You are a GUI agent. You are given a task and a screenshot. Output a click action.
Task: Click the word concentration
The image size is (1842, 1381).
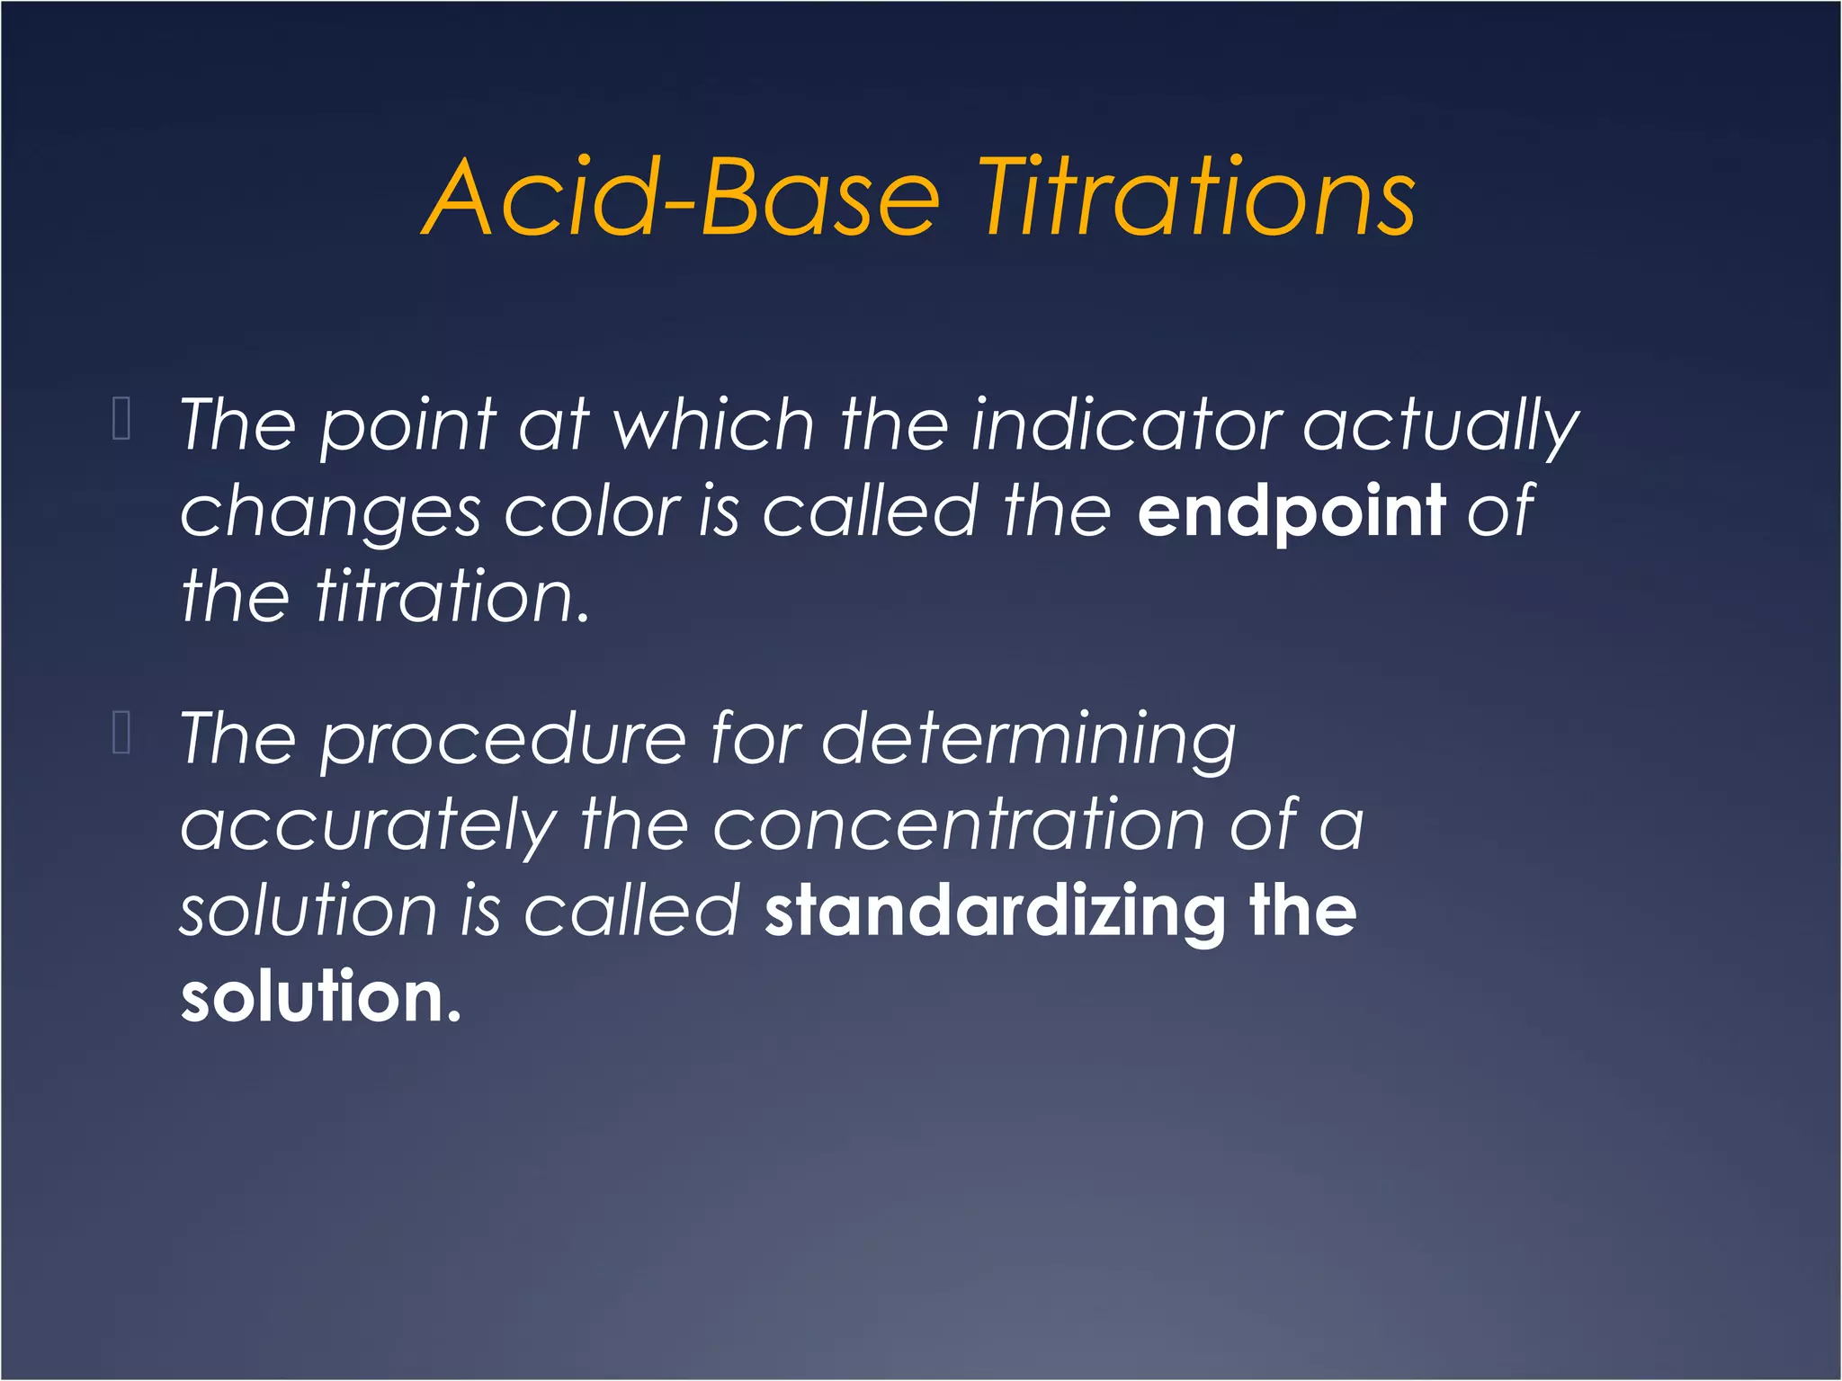[959, 825]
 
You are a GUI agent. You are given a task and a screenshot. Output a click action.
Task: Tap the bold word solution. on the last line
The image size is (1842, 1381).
[320, 997]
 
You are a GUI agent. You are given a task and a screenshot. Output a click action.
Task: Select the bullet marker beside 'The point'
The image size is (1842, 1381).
[122, 418]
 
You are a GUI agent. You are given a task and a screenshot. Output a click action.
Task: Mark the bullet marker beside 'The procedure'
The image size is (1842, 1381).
[122, 732]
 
